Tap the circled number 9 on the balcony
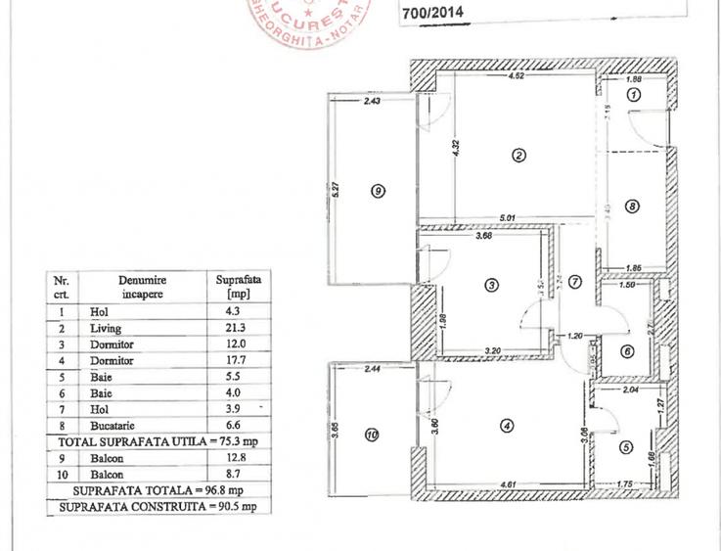tap(379, 192)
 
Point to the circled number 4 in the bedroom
tap(506, 426)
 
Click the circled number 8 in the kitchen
tap(632, 207)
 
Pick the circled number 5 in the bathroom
tap(626, 448)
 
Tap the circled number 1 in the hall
tap(633, 95)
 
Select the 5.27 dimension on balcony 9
tap(336, 186)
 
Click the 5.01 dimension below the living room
tap(506, 217)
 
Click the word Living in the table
tap(106, 330)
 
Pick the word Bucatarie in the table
tap(115, 427)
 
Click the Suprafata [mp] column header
tap(235, 285)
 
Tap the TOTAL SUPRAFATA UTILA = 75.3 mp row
tap(158, 442)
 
